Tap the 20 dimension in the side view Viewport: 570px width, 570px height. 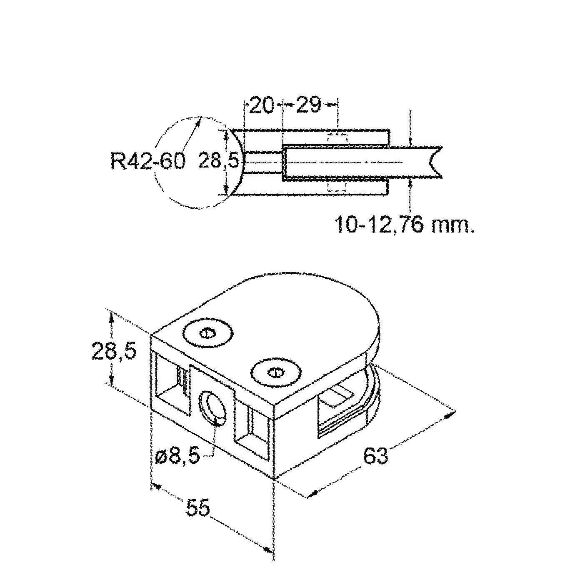point(262,105)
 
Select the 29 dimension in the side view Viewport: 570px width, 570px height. point(308,105)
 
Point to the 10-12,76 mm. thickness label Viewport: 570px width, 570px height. point(404,225)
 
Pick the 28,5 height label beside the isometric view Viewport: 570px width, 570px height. point(114,350)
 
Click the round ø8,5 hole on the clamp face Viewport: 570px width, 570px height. point(213,409)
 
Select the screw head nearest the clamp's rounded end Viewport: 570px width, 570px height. point(275,372)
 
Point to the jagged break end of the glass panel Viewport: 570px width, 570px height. point(435,162)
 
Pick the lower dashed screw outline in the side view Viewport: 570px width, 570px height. point(337,187)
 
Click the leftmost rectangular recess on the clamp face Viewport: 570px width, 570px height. point(172,384)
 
